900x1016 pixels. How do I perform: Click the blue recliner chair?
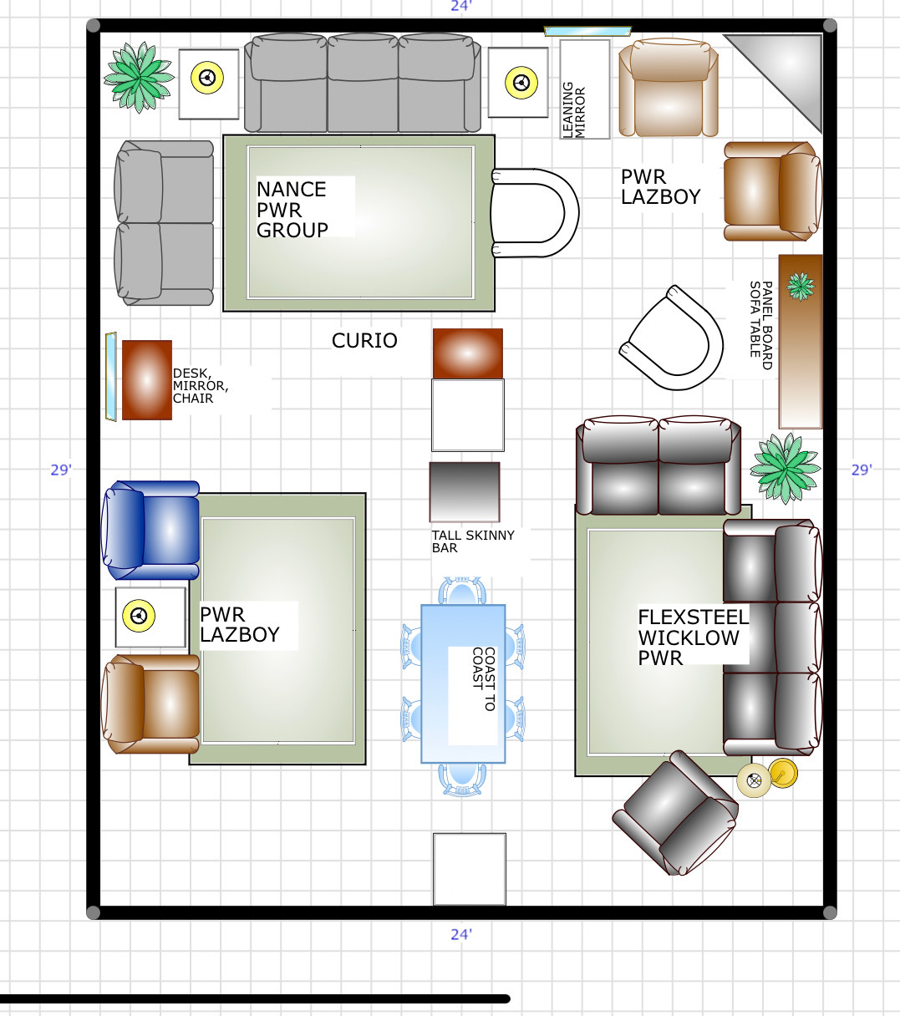click(x=150, y=530)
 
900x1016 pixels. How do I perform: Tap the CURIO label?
click(x=364, y=341)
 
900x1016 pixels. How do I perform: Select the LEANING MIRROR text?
click(x=574, y=109)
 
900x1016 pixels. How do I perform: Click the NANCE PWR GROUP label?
click(x=292, y=210)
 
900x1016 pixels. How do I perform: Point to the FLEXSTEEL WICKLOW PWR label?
click(x=693, y=637)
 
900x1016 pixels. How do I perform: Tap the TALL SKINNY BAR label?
click(x=473, y=541)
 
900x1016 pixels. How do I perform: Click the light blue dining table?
click(x=463, y=684)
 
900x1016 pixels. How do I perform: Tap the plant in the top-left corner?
click(x=139, y=77)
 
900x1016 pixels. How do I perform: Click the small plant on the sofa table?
click(x=801, y=287)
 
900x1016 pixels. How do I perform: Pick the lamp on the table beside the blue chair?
click(x=139, y=615)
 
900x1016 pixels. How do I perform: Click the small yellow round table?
click(x=783, y=773)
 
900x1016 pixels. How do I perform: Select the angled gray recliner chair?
click(x=675, y=814)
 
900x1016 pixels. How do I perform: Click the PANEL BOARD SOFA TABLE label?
click(x=760, y=325)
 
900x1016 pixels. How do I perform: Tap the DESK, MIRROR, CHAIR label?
click(x=201, y=386)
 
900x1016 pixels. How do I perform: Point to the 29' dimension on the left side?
click(x=61, y=470)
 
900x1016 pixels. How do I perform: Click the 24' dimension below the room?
click(x=460, y=934)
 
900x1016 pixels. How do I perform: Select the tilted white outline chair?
click(x=672, y=338)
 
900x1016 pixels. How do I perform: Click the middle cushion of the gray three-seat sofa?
click(x=363, y=83)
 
